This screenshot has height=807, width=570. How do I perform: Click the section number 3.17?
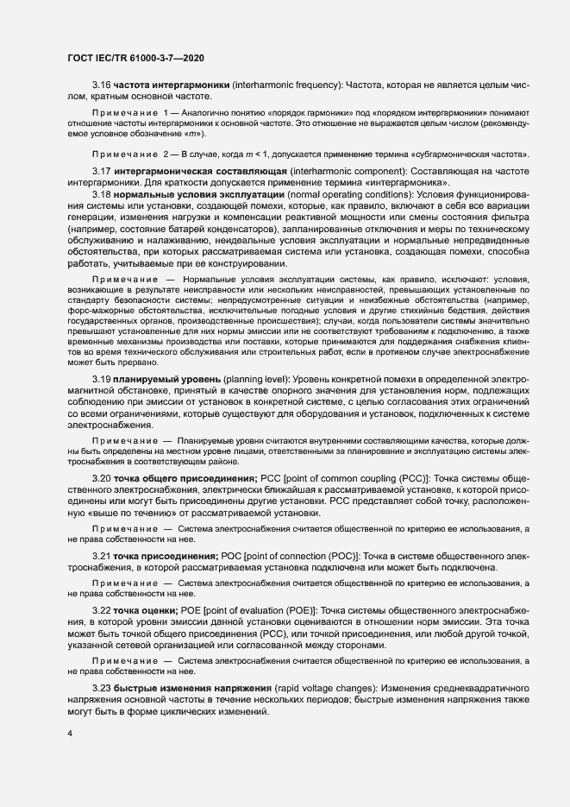[x=102, y=172]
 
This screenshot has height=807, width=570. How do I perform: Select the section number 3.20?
[x=102, y=477]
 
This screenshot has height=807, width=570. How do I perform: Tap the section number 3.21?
[x=102, y=555]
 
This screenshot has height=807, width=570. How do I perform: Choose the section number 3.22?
[x=102, y=610]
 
